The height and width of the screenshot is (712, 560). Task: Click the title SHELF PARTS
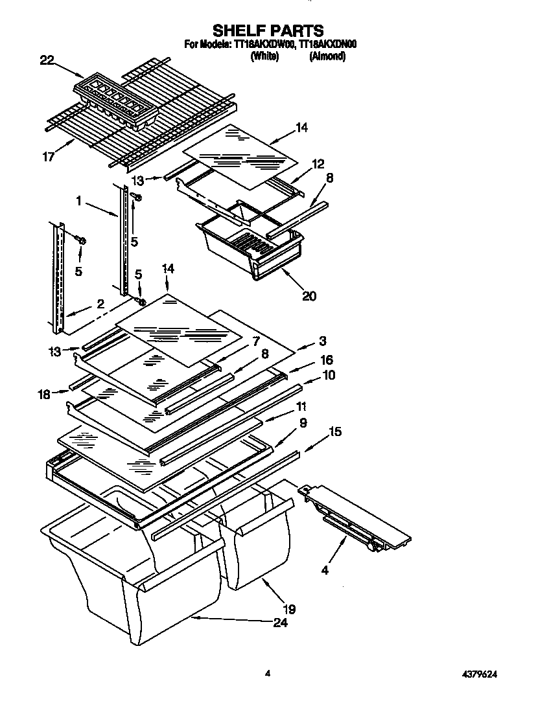(268, 30)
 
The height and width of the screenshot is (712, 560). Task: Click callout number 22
(47, 60)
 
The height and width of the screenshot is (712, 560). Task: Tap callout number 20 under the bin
(309, 296)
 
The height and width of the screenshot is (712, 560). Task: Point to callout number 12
(318, 165)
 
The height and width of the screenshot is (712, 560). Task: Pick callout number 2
(100, 303)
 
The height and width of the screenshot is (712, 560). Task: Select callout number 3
(322, 341)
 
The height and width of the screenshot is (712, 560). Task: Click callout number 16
(327, 360)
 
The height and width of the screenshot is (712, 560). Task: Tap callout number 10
(329, 375)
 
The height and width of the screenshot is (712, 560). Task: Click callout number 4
(325, 571)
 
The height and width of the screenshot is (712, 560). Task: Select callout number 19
(289, 609)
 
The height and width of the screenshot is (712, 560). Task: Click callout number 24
(280, 623)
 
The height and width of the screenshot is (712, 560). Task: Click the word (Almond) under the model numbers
(327, 56)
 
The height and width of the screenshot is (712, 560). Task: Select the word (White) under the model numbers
(264, 56)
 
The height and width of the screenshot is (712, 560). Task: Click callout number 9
(303, 422)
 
